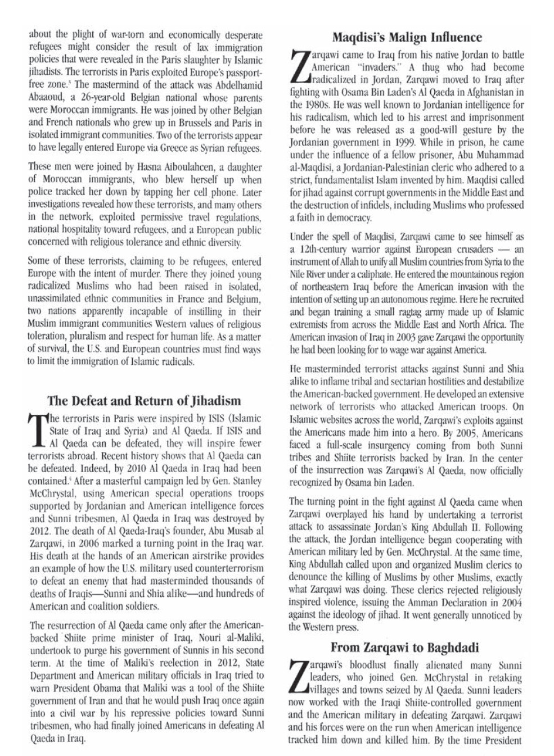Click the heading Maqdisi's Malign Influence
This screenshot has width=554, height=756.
[x=407, y=38]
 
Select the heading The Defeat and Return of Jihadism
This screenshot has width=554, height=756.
[x=144, y=401]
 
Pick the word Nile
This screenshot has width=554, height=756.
[x=299, y=273]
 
